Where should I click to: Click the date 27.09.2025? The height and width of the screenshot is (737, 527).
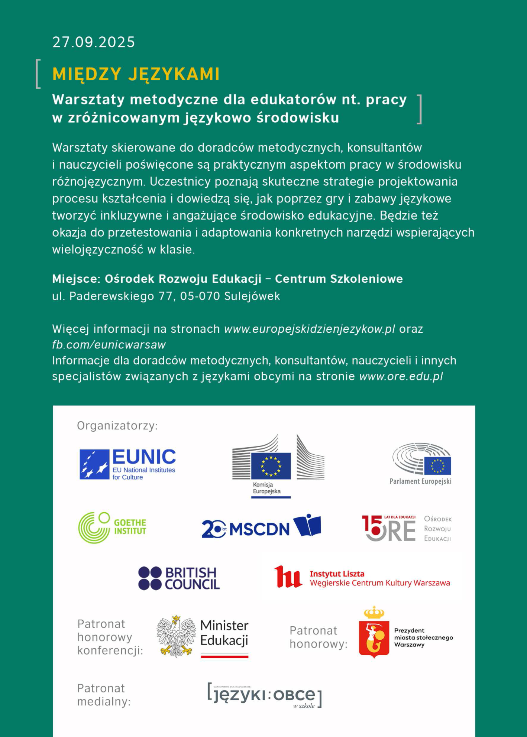click(94, 42)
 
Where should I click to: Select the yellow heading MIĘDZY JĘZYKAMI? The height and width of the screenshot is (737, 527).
click(136, 74)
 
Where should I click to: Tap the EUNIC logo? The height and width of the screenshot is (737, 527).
click(127, 464)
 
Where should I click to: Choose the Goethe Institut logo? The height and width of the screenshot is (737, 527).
click(112, 527)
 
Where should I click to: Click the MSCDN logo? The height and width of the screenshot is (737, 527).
click(261, 527)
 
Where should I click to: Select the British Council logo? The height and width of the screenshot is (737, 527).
click(179, 578)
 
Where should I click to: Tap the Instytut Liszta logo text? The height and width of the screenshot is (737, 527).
click(379, 578)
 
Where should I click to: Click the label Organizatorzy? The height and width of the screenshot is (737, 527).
click(117, 426)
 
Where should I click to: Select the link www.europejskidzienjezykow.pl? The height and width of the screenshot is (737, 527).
click(310, 329)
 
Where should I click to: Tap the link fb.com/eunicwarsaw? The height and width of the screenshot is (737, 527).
click(109, 345)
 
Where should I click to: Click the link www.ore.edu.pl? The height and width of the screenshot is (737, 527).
click(401, 376)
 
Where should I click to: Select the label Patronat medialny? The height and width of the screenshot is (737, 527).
click(104, 695)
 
